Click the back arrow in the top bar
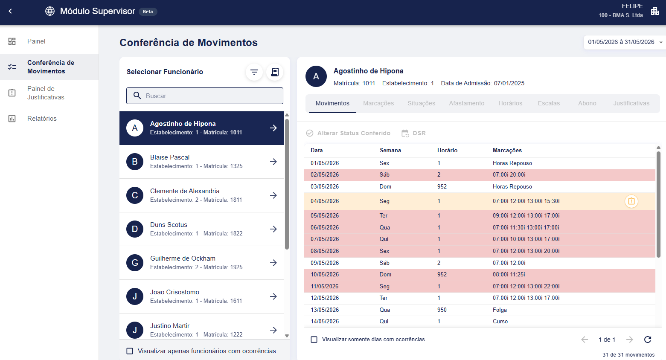tap(10, 11)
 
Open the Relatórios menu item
tap(42, 118)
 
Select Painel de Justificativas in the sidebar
tap(46, 93)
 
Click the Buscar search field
tap(204, 96)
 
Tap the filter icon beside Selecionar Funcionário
tap(254, 72)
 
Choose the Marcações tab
tap(378, 103)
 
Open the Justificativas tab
tap(631, 103)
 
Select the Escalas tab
tap(549, 103)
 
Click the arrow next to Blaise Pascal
tap(273, 162)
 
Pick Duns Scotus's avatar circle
tap(135, 229)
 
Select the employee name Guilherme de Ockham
tap(183, 258)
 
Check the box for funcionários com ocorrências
tap(130, 351)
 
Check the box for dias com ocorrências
tap(314, 340)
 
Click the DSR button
tap(413, 133)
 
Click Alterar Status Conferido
tap(348, 133)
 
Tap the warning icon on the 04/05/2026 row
tap(631, 201)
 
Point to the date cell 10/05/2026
tap(325, 274)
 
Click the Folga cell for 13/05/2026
tap(500, 310)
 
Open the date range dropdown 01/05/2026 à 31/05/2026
tap(624, 42)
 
